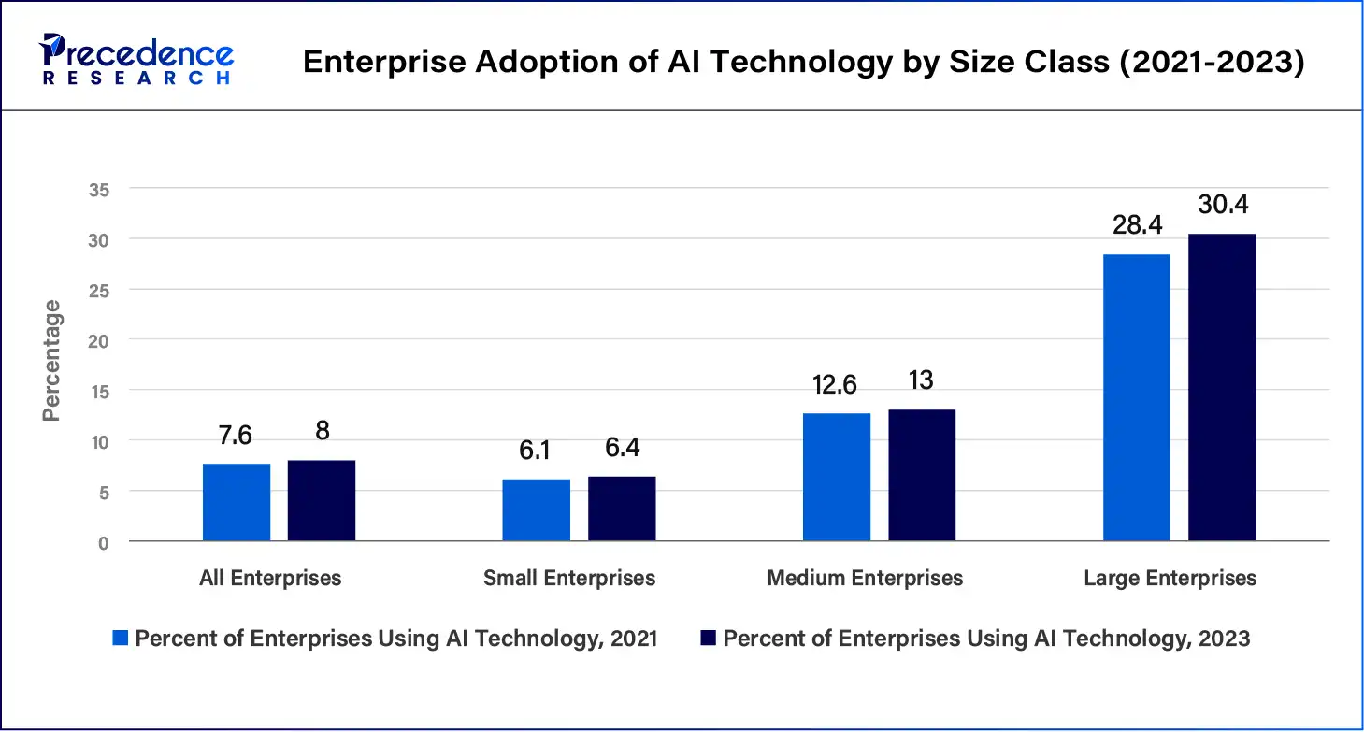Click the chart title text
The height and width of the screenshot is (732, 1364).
click(803, 62)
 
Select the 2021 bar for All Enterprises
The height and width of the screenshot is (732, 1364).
click(237, 502)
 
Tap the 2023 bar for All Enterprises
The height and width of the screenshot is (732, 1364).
click(322, 500)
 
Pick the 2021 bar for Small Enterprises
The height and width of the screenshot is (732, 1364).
click(536, 510)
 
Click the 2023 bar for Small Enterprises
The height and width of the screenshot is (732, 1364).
click(622, 509)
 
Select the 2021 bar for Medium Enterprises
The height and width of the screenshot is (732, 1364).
click(837, 477)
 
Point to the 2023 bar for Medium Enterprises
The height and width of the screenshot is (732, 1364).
click(922, 475)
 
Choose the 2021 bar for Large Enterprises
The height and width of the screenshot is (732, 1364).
click(1137, 397)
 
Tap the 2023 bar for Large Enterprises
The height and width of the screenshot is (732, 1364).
click(1222, 387)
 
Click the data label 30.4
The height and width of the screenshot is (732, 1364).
click(1224, 205)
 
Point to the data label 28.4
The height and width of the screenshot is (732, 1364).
click(1138, 225)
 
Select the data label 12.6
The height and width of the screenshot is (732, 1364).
click(836, 385)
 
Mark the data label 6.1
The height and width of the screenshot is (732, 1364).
click(535, 451)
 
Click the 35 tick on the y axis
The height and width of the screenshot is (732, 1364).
click(100, 190)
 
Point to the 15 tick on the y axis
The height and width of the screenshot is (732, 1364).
click(100, 390)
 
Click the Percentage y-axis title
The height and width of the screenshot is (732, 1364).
click(51, 360)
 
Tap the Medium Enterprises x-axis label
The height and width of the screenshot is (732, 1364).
click(865, 579)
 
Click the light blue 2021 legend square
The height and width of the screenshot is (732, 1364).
click(120, 639)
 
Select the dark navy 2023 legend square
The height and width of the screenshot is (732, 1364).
click(708, 639)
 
